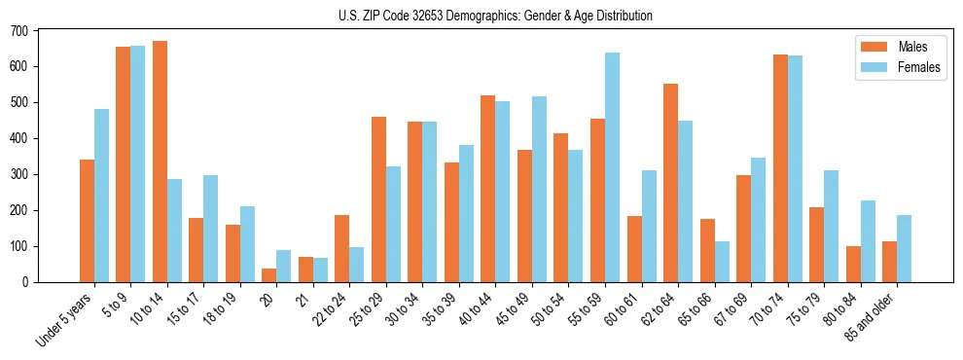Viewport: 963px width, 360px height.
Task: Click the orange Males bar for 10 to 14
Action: (x=160, y=162)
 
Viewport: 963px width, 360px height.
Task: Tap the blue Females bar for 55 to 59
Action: (x=612, y=167)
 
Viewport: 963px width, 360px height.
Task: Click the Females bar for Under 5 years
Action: (x=101, y=196)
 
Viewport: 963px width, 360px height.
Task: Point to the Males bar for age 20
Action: (x=268, y=275)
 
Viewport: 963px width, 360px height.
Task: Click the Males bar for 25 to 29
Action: (x=378, y=199)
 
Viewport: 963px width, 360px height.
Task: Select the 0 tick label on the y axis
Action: (x=27, y=282)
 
